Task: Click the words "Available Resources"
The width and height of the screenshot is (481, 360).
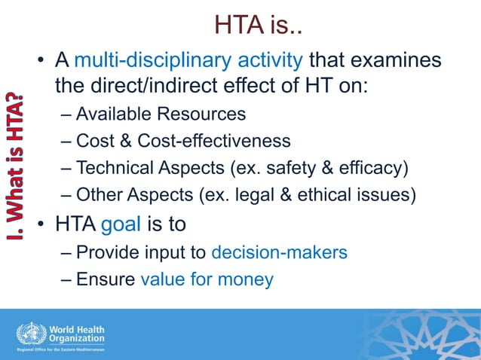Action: click(161, 114)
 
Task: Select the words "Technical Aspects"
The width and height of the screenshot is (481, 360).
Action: click(142, 167)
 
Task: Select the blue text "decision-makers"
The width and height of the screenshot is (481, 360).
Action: click(279, 252)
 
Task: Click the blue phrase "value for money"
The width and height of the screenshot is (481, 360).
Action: click(207, 279)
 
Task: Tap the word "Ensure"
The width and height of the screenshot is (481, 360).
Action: click(106, 279)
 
